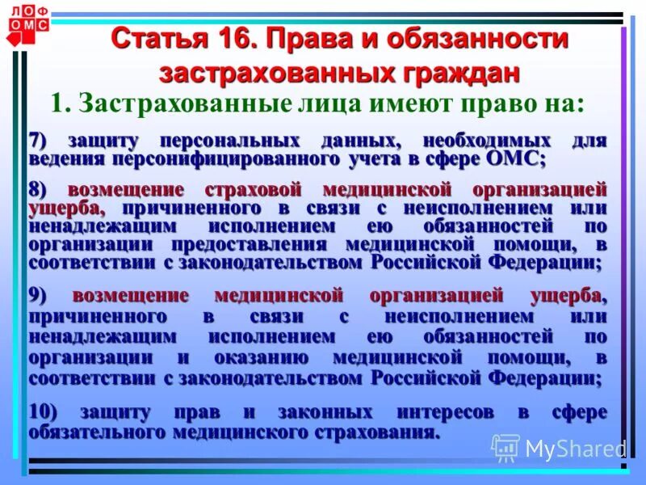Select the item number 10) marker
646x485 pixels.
click(44, 411)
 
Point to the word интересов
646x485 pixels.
click(440, 411)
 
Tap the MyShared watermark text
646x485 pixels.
click(575, 449)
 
